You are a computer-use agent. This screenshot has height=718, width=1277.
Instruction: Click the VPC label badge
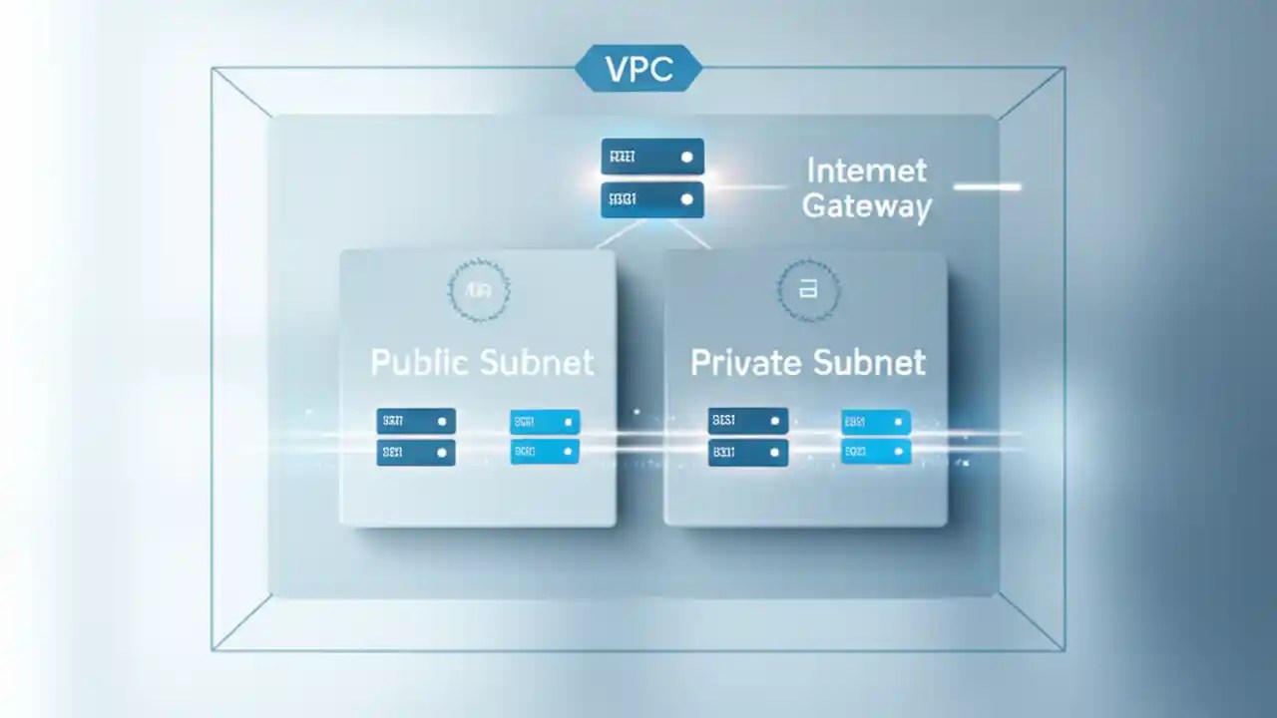click(x=638, y=68)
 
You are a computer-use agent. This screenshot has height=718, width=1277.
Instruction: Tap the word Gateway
click(x=866, y=206)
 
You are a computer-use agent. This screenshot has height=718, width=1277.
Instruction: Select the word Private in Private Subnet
click(x=746, y=362)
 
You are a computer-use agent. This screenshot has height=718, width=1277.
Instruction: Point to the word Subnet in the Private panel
click(x=869, y=362)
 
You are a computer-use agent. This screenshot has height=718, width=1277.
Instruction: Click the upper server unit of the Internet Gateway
click(x=652, y=157)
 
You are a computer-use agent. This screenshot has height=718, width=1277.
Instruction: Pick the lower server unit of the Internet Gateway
click(x=652, y=199)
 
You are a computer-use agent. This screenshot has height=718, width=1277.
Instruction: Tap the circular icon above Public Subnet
click(x=479, y=290)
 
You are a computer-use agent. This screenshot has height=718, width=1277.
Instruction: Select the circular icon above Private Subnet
click(x=808, y=290)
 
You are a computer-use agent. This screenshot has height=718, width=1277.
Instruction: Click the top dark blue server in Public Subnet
click(x=416, y=421)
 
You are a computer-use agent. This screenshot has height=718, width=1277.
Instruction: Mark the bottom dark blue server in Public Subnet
click(x=416, y=453)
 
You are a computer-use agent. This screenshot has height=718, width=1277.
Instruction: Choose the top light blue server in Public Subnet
click(x=545, y=422)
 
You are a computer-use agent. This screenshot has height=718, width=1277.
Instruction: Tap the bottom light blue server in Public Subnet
click(x=545, y=452)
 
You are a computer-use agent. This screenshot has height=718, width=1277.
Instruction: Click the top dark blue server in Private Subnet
click(x=748, y=421)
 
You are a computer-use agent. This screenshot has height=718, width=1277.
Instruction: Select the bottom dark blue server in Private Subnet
click(x=748, y=453)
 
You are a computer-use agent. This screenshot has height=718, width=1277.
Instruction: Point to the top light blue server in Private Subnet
click(x=876, y=422)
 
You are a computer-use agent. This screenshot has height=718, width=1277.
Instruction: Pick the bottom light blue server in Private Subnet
click(x=876, y=452)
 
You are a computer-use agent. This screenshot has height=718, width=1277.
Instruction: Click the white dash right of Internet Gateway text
click(x=987, y=186)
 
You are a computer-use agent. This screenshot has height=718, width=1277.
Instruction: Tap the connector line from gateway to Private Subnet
click(x=690, y=236)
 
